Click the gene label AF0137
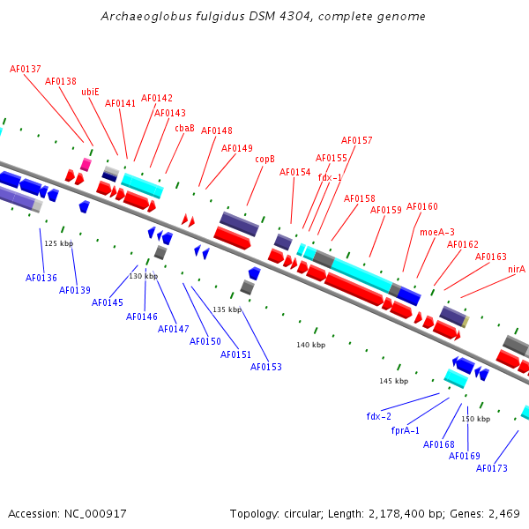tap(26, 69)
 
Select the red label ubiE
tap(90, 91)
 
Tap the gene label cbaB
tap(184, 128)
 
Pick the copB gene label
tap(264, 159)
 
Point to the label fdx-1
tap(330, 177)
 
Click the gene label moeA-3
tap(437, 232)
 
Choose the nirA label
tap(516, 269)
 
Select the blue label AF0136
tap(41, 278)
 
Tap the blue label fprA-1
tap(406, 431)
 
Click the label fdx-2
tap(379, 416)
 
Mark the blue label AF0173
tap(492, 468)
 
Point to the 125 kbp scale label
tap(59, 243)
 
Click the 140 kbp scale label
tap(311, 345)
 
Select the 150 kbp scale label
tap(475, 419)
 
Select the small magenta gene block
tap(86, 164)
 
